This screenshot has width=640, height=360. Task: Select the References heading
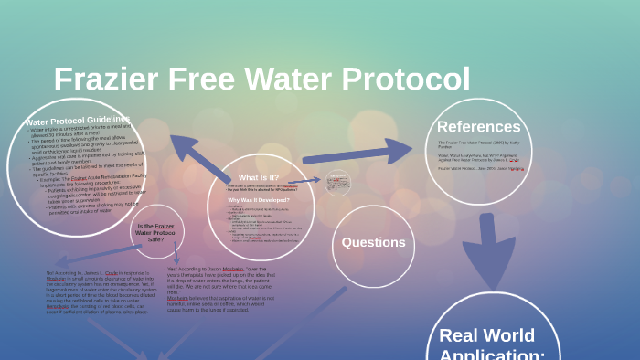pos(478,127)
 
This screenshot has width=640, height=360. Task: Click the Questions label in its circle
pos(373,242)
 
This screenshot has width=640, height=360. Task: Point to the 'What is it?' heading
pos(259,177)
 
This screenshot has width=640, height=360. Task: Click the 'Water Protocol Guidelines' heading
pos(79,121)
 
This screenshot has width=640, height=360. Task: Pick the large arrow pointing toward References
pos(361,153)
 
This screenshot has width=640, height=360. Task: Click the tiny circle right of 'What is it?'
pos(337,183)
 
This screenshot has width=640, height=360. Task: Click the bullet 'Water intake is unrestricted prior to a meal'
pos(78,132)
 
